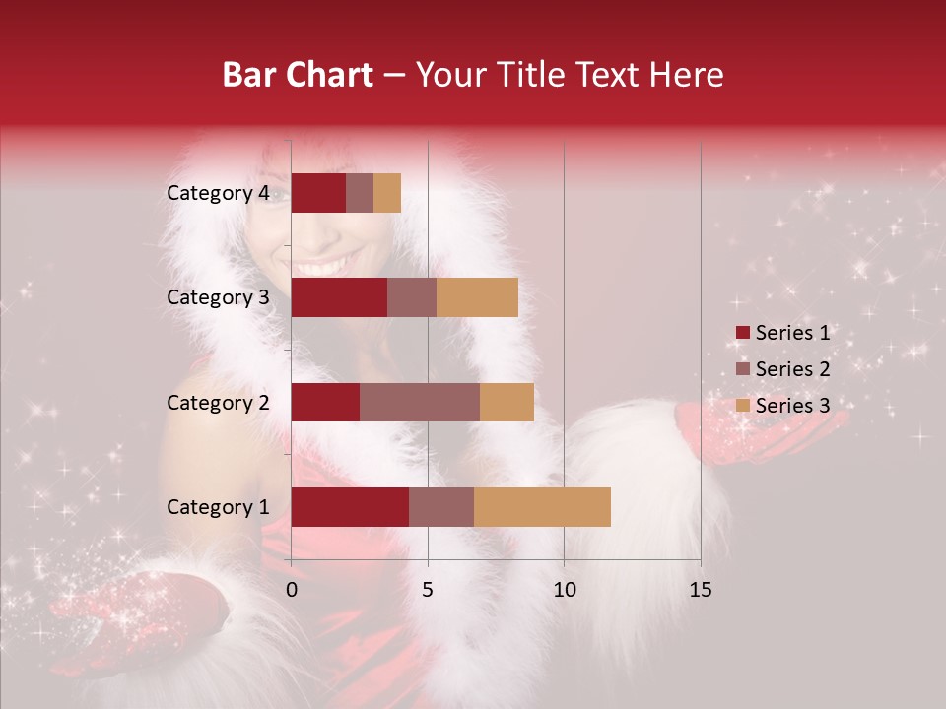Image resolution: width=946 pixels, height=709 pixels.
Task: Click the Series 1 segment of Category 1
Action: pyautogui.click(x=350, y=507)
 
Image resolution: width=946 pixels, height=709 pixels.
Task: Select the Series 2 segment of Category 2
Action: pyautogui.click(x=420, y=402)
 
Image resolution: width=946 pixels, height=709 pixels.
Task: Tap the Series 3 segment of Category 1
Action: pyautogui.click(x=542, y=507)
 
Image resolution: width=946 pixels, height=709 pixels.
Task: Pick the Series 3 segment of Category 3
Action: pyautogui.click(x=477, y=297)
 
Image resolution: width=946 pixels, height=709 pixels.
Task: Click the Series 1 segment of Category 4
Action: pyautogui.click(x=318, y=193)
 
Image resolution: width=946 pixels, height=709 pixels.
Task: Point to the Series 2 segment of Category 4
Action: pyautogui.click(x=360, y=193)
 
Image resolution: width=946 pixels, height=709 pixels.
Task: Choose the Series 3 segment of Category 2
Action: pyautogui.click(x=507, y=402)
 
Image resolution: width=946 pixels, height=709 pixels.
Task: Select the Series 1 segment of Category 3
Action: pyautogui.click(x=339, y=297)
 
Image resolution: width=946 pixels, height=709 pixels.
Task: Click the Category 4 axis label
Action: pyautogui.click(x=218, y=193)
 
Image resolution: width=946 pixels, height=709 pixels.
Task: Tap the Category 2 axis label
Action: pyautogui.click(x=218, y=402)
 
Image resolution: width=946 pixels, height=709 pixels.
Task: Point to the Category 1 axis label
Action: pyautogui.click(x=218, y=507)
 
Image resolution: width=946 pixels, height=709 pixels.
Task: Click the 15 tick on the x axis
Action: pyautogui.click(x=700, y=590)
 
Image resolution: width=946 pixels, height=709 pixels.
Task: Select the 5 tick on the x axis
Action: pyautogui.click(x=428, y=590)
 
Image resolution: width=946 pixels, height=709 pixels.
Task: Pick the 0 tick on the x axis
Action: pyautogui.click(x=292, y=590)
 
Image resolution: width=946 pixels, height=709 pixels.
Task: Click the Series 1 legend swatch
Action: pyautogui.click(x=742, y=333)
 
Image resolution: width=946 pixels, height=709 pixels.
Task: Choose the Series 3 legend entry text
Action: pyautogui.click(x=792, y=405)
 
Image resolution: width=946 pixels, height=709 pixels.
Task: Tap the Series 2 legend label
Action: pyautogui.click(x=792, y=369)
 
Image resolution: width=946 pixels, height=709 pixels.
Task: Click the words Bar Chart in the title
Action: pyautogui.click(x=298, y=75)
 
